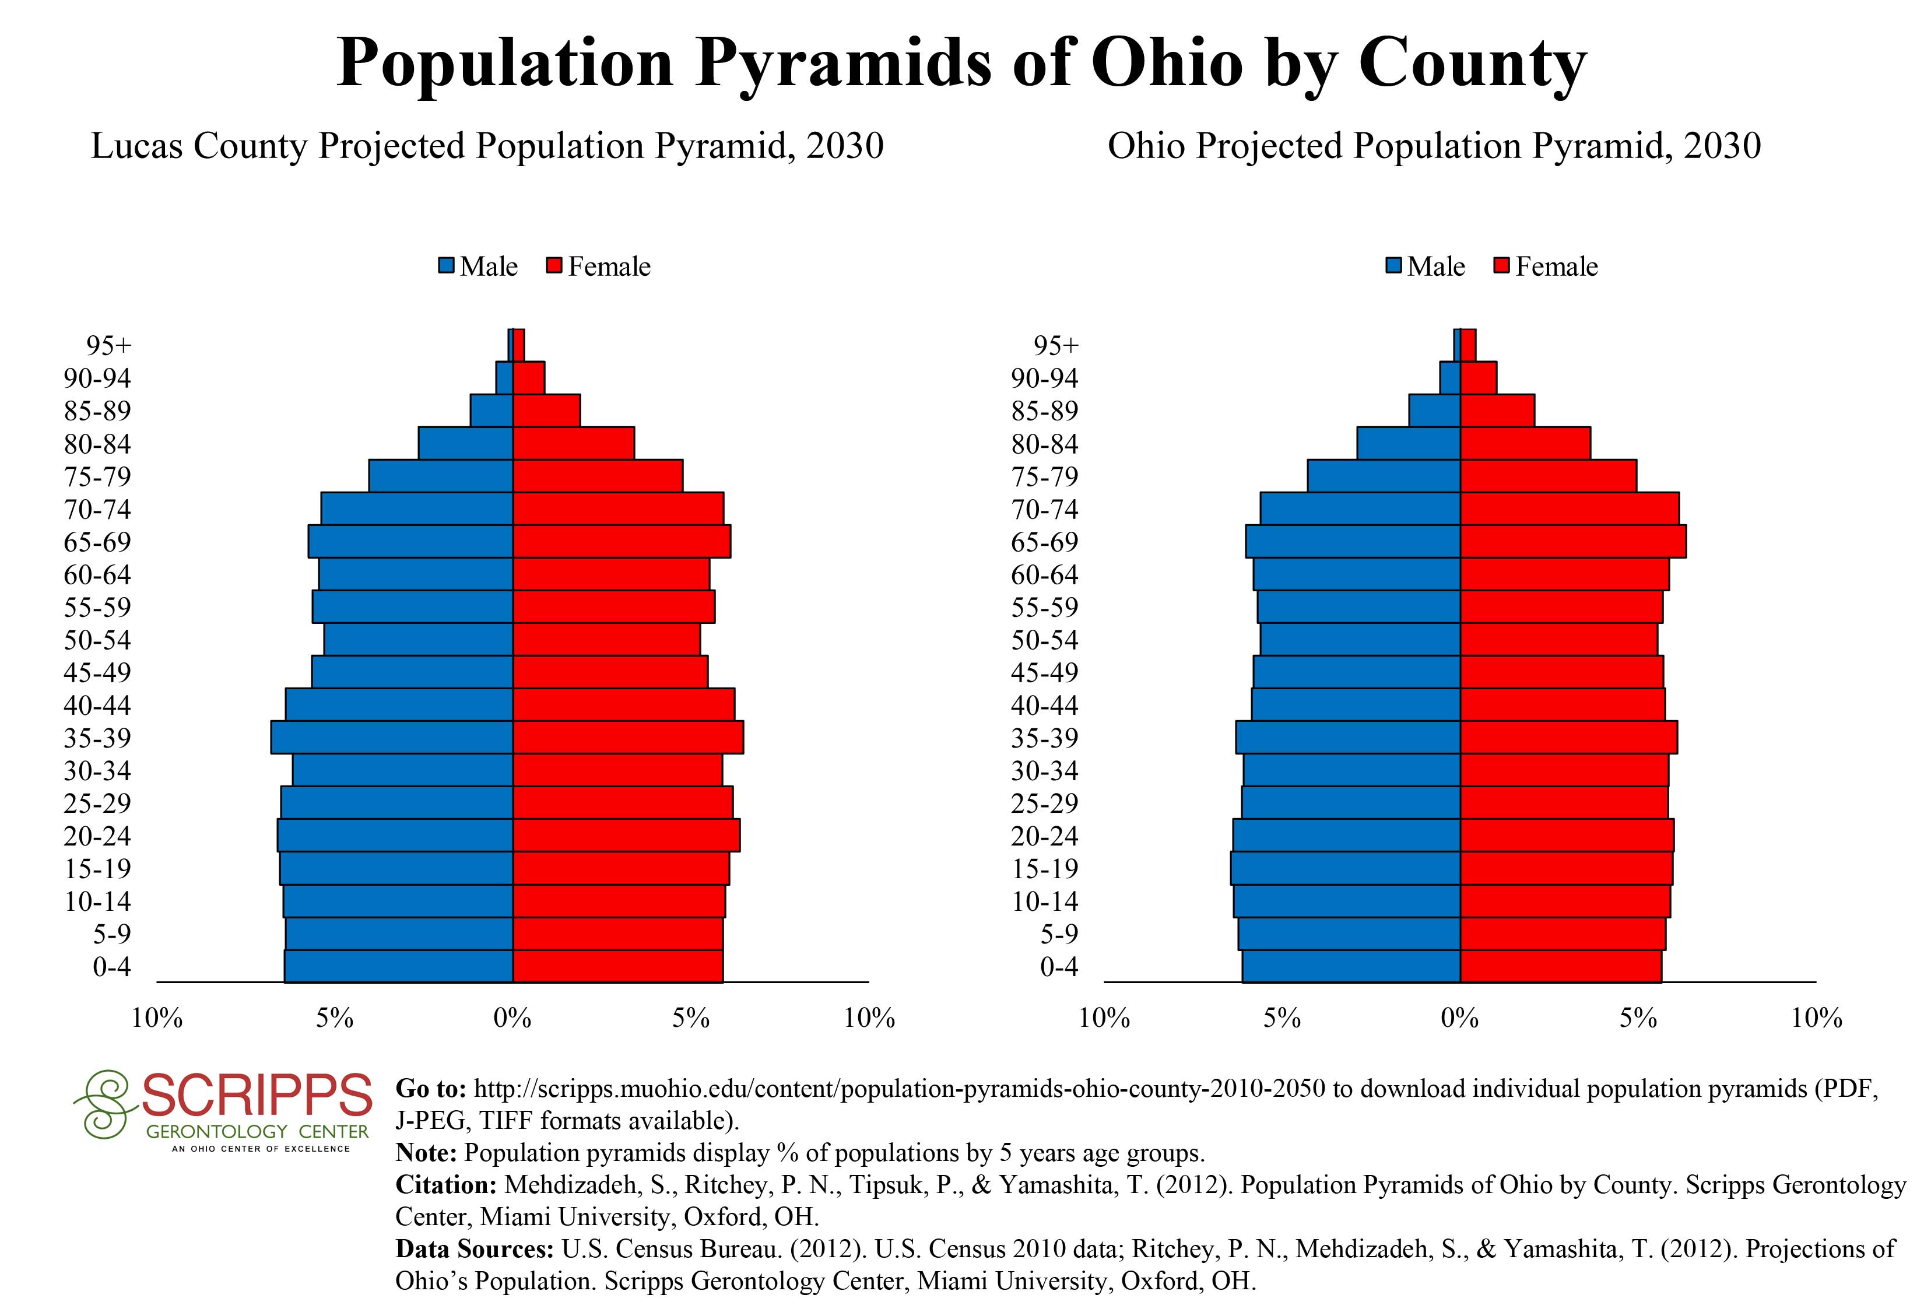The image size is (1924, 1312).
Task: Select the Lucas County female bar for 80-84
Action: [574, 443]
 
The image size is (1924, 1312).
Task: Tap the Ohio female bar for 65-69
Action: [1573, 541]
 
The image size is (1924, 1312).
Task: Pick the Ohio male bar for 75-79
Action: [1384, 476]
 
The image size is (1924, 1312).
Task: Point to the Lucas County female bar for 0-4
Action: [617, 966]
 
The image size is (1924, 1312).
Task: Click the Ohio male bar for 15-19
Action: [1345, 868]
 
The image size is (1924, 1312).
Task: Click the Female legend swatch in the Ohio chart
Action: [1502, 266]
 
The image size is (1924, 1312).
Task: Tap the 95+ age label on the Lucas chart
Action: [108, 345]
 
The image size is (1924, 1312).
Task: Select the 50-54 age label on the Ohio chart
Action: [1045, 640]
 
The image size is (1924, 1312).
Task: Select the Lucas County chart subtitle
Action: [487, 146]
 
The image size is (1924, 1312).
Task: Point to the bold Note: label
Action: [426, 1152]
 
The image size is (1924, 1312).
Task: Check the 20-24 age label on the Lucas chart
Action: [98, 836]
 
